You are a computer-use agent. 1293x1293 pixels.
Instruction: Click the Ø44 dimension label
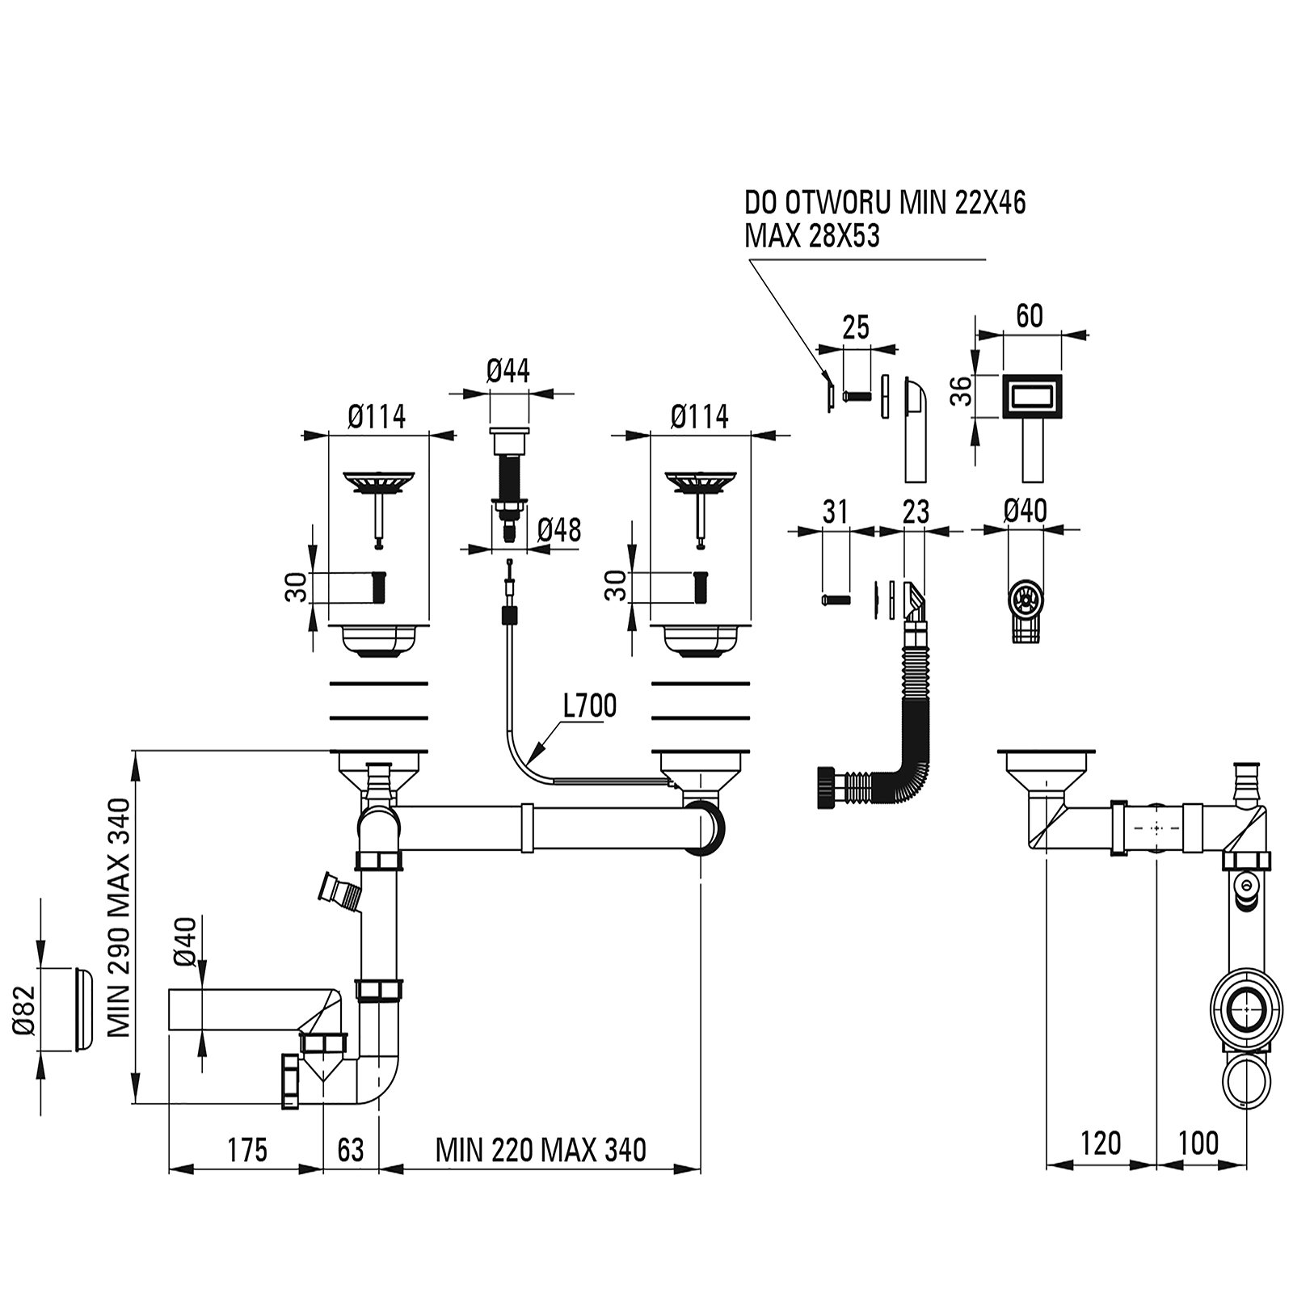click(x=508, y=371)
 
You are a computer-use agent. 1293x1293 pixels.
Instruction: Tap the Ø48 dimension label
click(x=559, y=530)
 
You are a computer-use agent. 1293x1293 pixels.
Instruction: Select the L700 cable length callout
click(x=590, y=705)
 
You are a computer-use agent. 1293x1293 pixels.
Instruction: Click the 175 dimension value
click(x=246, y=1149)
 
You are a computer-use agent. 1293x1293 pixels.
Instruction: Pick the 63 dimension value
click(x=351, y=1149)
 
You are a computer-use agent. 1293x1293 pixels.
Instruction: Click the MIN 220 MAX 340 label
click(x=541, y=1149)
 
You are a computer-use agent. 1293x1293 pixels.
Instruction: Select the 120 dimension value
click(x=1101, y=1143)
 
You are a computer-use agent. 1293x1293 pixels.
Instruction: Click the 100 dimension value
click(x=1198, y=1143)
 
